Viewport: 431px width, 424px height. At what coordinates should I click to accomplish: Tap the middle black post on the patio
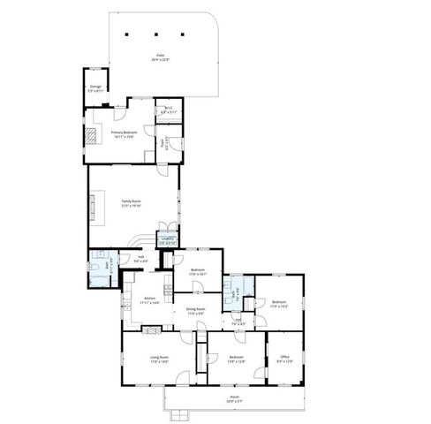[x=156, y=35]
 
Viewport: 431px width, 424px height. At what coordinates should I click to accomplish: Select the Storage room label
[x=95, y=88]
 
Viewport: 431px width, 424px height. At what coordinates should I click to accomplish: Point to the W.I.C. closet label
[x=170, y=111]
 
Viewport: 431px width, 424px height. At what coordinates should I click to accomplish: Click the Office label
[x=284, y=360]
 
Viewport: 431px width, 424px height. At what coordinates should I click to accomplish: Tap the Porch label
[x=234, y=398]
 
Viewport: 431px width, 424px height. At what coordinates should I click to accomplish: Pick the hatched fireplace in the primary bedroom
[x=93, y=134]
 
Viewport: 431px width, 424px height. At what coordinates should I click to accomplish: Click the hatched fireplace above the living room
[x=153, y=328]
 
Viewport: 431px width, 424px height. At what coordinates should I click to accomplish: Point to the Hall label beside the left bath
[x=140, y=259]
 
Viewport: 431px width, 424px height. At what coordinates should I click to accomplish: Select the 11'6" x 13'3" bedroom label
[x=279, y=304]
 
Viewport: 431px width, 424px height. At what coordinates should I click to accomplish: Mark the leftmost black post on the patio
[x=129, y=35]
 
